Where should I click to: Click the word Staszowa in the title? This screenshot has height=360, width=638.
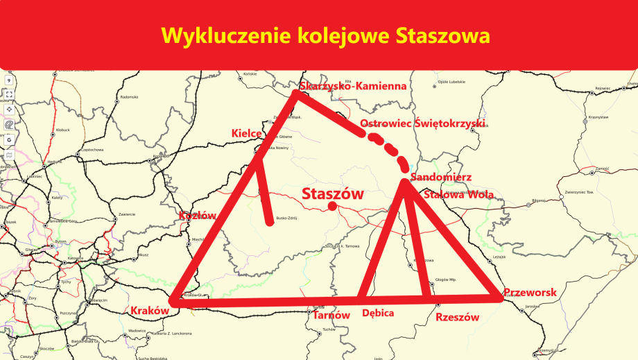coord(444,35)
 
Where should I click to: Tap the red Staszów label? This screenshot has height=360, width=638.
coord(333,194)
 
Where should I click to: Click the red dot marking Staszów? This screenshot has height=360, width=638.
coord(333,206)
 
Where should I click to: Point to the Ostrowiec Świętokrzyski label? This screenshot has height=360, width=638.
coord(423,123)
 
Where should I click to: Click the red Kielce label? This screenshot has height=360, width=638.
coord(246,132)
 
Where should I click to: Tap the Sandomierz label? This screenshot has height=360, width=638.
coord(442,178)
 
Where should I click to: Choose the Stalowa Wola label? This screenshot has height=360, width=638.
coord(458,195)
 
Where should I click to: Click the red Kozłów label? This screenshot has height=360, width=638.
coord(198,216)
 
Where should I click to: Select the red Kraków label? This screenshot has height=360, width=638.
coord(150,311)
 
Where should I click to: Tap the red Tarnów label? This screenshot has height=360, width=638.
coord(331,315)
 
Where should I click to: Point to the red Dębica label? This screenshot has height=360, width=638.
coord(378,314)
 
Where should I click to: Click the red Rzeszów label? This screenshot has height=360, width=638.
coord(458,317)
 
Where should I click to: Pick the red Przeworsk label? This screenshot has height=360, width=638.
coord(531,293)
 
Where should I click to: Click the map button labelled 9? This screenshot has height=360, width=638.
coord(9,80)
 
